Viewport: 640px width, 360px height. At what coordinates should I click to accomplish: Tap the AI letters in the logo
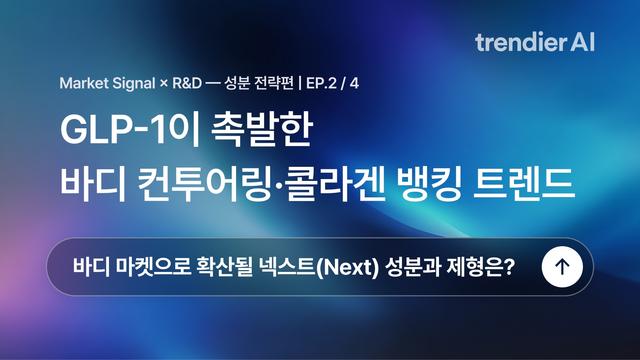583,42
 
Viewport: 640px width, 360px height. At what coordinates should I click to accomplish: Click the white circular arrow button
562,267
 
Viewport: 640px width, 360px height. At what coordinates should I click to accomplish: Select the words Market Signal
107,83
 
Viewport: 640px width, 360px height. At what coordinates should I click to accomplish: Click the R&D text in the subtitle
187,83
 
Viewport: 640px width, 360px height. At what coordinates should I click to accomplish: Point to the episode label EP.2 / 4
332,83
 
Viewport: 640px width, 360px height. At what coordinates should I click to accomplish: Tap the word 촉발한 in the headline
262,130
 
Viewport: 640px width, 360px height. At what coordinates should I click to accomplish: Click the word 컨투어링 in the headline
204,184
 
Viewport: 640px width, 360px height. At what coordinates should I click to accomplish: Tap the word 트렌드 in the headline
524,184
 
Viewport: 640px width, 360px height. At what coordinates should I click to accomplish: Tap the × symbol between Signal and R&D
164,84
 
